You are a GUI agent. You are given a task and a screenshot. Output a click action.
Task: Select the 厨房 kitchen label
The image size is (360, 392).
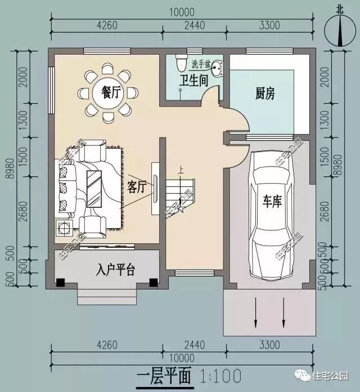265,93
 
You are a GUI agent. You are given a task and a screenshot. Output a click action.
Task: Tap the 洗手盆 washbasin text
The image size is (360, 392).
200,63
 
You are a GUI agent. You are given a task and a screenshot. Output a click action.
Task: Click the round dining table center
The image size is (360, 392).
107,93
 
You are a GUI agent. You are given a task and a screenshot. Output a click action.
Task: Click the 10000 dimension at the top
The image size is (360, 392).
181,11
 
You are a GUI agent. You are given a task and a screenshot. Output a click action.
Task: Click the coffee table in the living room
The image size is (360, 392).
93,188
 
